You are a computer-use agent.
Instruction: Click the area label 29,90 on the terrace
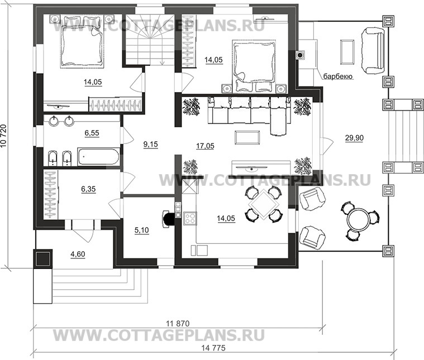354,138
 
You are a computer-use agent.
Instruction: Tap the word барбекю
338,77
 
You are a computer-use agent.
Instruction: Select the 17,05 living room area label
205,146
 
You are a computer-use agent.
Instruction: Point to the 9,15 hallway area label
151,145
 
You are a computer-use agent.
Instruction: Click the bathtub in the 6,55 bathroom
98,156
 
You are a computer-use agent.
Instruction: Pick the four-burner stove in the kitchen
190,218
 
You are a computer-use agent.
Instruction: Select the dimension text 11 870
178,324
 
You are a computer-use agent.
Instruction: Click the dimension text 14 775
213,348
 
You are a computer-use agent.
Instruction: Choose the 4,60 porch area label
78,255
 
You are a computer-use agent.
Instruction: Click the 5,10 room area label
141,231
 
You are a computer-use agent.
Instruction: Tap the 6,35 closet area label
88,189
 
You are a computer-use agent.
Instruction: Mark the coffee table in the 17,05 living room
247,138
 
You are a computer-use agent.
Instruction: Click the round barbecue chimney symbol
300,55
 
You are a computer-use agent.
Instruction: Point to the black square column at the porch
42,258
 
